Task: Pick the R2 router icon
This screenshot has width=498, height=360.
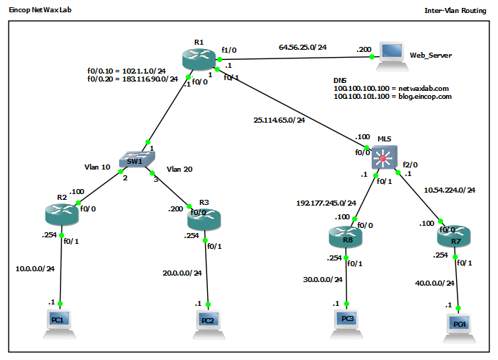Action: pos(61,214)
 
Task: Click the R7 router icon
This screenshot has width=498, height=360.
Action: pos(453,235)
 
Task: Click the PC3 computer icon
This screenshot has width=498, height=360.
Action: pos(348,318)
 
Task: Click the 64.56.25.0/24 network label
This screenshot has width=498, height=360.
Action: pos(302,48)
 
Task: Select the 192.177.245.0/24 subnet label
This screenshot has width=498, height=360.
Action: pos(326,203)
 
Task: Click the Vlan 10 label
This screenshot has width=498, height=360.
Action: pos(97,167)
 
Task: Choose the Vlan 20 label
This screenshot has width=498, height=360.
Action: pos(180,169)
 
